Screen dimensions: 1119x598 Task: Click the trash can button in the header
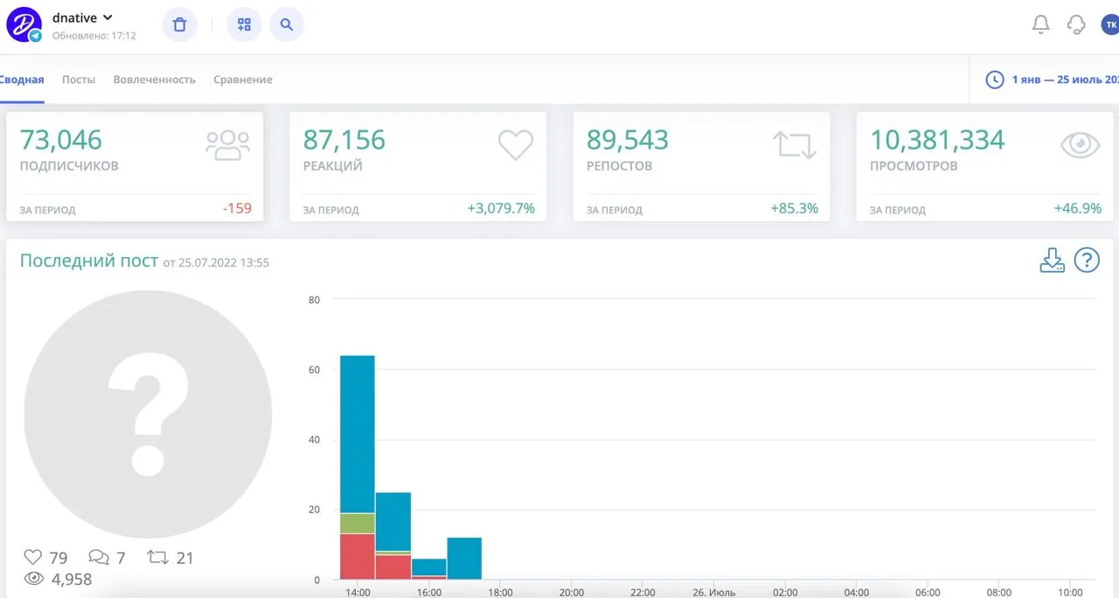click(179, 24)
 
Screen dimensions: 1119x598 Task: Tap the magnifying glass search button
click(286, 24)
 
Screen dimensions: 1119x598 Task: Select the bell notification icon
click(1040, 24)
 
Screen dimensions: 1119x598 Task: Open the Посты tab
click(79, 80)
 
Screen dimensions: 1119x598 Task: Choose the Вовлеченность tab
click(155, 80)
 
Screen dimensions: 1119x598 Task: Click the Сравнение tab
click(243, 80)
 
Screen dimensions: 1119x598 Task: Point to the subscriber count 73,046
click(60, 139)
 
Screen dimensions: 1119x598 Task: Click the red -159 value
click(237, 208)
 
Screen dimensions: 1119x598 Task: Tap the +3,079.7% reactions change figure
click(501, 208)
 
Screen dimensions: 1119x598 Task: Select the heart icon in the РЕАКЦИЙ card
click(516, 144)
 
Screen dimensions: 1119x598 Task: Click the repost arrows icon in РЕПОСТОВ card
click(795, 145)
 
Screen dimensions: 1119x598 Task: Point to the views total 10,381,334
click(937, 139)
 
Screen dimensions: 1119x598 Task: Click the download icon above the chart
click(1052, 261)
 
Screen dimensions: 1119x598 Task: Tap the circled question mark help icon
click(1087, 261)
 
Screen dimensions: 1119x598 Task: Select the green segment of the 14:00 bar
click(358, 523)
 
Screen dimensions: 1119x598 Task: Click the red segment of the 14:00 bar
click(358, 557)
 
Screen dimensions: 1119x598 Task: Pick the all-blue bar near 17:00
click(464, 559)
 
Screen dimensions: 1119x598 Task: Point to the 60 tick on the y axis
click(314, 370)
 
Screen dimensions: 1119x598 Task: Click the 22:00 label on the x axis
click(643, 593)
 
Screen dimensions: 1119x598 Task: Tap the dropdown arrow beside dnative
click(108, 17)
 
